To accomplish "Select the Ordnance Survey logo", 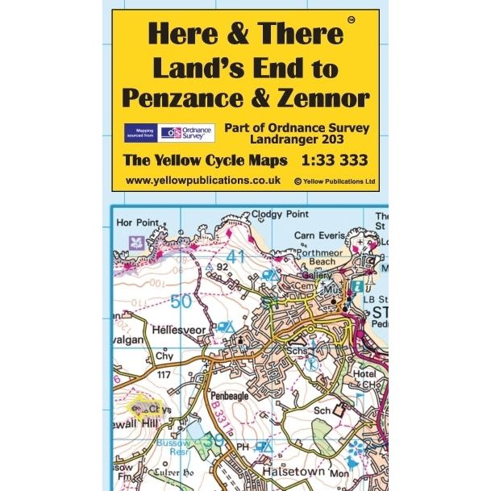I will point(186,133).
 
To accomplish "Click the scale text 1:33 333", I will point(320,160).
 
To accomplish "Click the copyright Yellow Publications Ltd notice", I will point(335,182).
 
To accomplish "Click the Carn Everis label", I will point(320,235).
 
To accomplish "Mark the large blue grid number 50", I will point(182,301).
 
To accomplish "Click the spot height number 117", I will point(165,374).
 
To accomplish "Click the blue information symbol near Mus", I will point(356,287).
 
